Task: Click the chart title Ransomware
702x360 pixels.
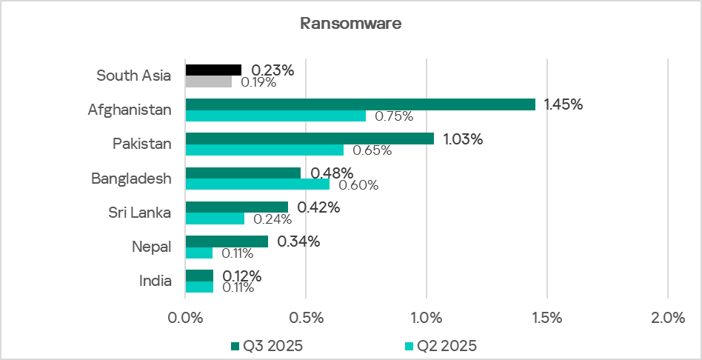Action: tap(350, 23)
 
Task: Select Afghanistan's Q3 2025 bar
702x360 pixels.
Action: tap(360, 104)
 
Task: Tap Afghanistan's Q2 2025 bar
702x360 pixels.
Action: tap(275, 116)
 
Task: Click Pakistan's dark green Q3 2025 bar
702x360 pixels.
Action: tap(310, 139)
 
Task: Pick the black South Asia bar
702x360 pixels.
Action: tap(213, 70)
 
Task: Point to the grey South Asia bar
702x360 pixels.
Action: tap(208, 81)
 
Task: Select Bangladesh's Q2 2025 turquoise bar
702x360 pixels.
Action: tap(257, 184)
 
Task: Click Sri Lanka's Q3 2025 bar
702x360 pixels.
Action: tap(236, 207)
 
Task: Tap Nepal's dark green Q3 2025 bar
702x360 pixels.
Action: tap(227, 241)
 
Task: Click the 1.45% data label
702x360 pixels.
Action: tap(564, 104)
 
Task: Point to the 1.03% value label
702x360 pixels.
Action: tap(463, 139)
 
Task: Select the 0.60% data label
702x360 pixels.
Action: tap(358, 185)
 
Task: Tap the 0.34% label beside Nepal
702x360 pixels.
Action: tap(298, 241)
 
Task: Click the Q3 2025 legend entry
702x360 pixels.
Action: tap(267, 345)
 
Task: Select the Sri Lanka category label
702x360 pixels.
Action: tap(139, 213)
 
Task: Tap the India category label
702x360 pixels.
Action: tap(156, 281)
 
